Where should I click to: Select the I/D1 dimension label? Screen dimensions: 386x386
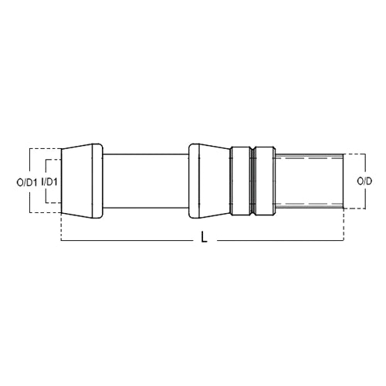(51, 181)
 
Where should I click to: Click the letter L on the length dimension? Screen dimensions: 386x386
(204, 240)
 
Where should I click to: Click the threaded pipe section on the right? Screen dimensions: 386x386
(309, 181)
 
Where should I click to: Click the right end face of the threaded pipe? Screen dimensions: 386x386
(343, 181)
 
